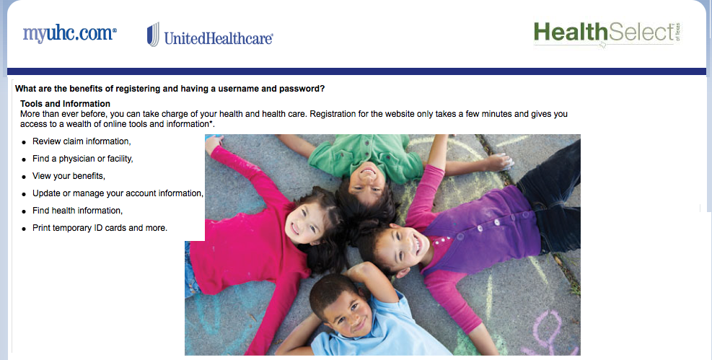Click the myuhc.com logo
pos(69,34)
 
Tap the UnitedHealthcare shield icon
pos(153,35)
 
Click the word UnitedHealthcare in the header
pos(219,38)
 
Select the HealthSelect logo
pos(607,33)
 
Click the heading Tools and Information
pos(65,103)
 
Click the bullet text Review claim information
pos(82,141)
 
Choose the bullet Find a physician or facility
pos(83,159)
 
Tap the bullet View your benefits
pos(69,176)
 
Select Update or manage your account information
pos(118,193)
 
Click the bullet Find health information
pos(77,211)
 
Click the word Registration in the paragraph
pos(333,114)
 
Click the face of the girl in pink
pos(305,222)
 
